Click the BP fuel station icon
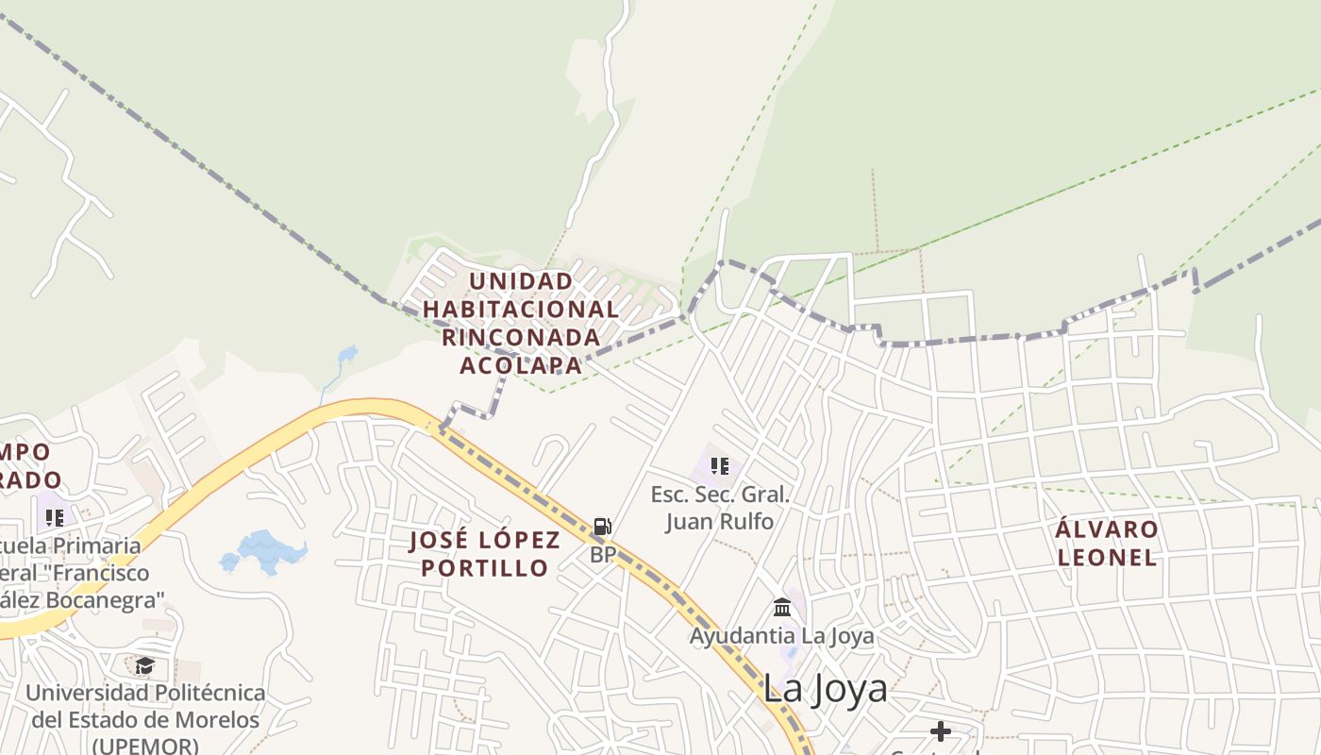point(602,527)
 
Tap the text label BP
point(603,555)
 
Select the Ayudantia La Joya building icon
point(782,607)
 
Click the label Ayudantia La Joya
point(781,636)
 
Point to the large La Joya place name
point(825,689)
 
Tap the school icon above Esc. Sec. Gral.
point(720,465)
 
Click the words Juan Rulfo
point(720,521)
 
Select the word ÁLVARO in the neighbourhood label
point(1107,528)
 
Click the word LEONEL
point(1107,557)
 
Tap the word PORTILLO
point(485,568)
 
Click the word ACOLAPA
point(521,365)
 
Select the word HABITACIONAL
point(521,309)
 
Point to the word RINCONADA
point(521,337)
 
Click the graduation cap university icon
point(144,666)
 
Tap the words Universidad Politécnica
point(145,693)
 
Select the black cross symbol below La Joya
point(940,731)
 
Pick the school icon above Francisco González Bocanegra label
point(55,518)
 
